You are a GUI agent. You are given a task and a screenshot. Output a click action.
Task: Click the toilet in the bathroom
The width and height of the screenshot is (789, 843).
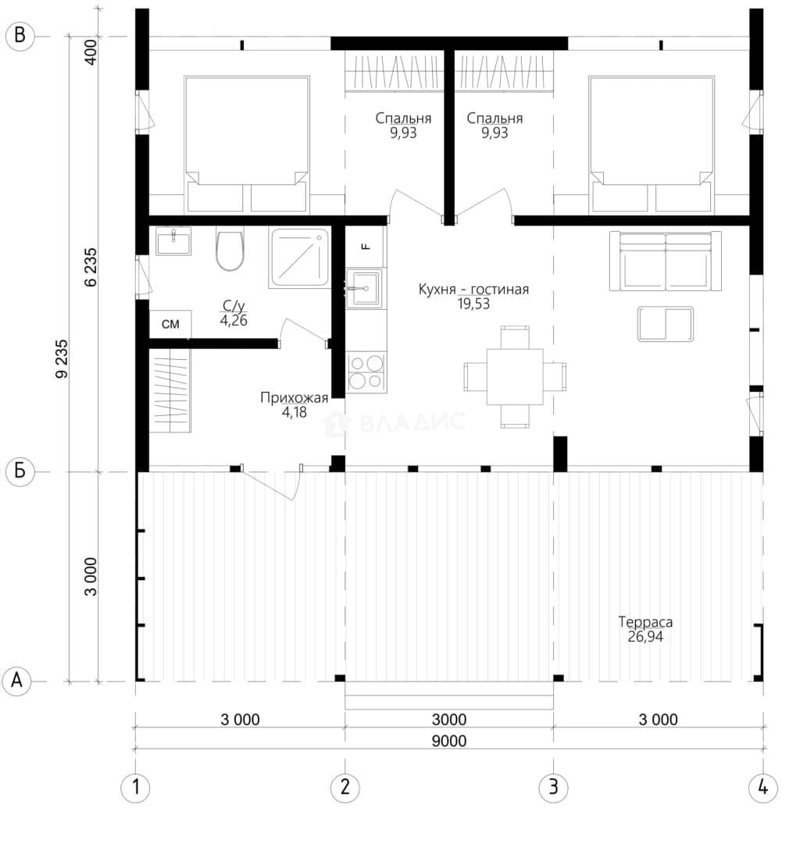(230, 251)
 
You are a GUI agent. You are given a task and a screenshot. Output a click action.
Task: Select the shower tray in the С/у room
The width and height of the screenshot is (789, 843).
(300, 258)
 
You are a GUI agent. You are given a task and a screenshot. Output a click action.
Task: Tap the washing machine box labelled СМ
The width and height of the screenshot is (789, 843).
(170, 324)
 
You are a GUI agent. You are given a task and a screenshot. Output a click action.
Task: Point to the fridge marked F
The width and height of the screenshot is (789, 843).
(366, 247)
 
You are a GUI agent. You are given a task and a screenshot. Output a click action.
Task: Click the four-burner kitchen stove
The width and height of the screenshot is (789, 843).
(366, 372)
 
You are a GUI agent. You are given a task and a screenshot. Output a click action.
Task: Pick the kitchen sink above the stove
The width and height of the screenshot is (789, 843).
(366, 289)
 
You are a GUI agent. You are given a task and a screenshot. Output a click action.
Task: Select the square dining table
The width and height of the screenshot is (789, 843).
(515, 376)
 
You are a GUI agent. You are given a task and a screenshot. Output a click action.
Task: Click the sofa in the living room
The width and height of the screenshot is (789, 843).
(666, 261)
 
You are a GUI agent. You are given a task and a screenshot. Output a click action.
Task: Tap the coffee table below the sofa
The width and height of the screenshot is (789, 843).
(666, 324)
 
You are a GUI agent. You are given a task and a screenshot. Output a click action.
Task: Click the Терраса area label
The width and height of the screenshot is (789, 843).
(645, 622)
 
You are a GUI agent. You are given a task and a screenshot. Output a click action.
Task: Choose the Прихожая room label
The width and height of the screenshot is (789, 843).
(294, 397)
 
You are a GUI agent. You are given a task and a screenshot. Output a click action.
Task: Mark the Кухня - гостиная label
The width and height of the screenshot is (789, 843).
(473, 290)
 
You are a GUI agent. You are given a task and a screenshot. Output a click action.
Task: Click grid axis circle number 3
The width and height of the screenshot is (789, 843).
(553, 788)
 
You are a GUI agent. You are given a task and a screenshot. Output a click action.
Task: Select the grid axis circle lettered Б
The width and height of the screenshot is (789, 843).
(20, 471)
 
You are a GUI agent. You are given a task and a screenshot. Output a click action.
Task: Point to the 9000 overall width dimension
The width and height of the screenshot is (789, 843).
(449, 741)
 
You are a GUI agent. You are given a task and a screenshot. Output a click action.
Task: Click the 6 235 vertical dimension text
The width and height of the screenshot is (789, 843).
(91, 267)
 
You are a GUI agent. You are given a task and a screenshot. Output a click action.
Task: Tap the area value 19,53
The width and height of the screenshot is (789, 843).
(473, 304)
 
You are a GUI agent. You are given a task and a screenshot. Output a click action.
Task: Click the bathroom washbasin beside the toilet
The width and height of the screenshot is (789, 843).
(173, 241)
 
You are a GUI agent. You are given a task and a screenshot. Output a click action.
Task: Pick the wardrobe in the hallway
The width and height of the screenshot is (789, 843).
(170, 390)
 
